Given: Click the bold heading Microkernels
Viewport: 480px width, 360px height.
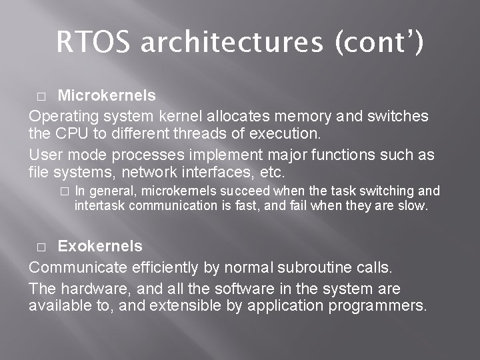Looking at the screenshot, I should [107, 96].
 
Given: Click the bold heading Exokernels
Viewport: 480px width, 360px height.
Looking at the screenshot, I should [100, 246].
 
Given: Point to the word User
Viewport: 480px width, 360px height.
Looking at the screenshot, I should [45, 155].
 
